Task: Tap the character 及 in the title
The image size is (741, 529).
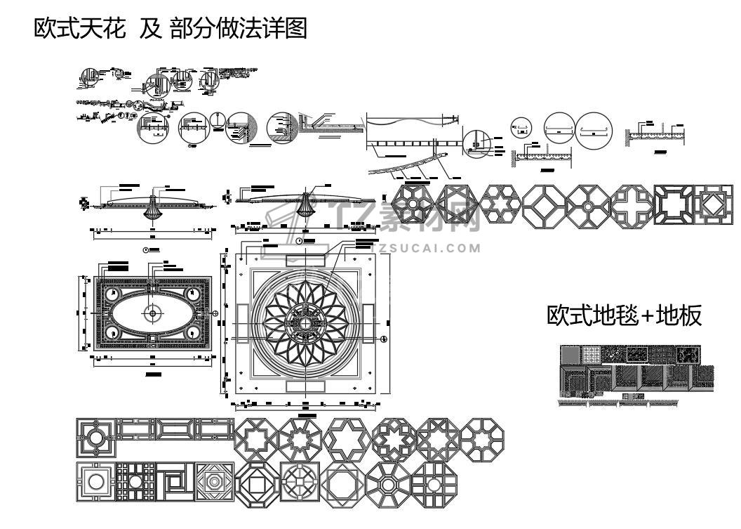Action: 149,29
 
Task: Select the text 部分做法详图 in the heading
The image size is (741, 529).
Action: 239,29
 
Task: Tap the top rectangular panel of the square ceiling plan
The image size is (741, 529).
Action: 306,259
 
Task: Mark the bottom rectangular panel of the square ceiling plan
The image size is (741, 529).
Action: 306,386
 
